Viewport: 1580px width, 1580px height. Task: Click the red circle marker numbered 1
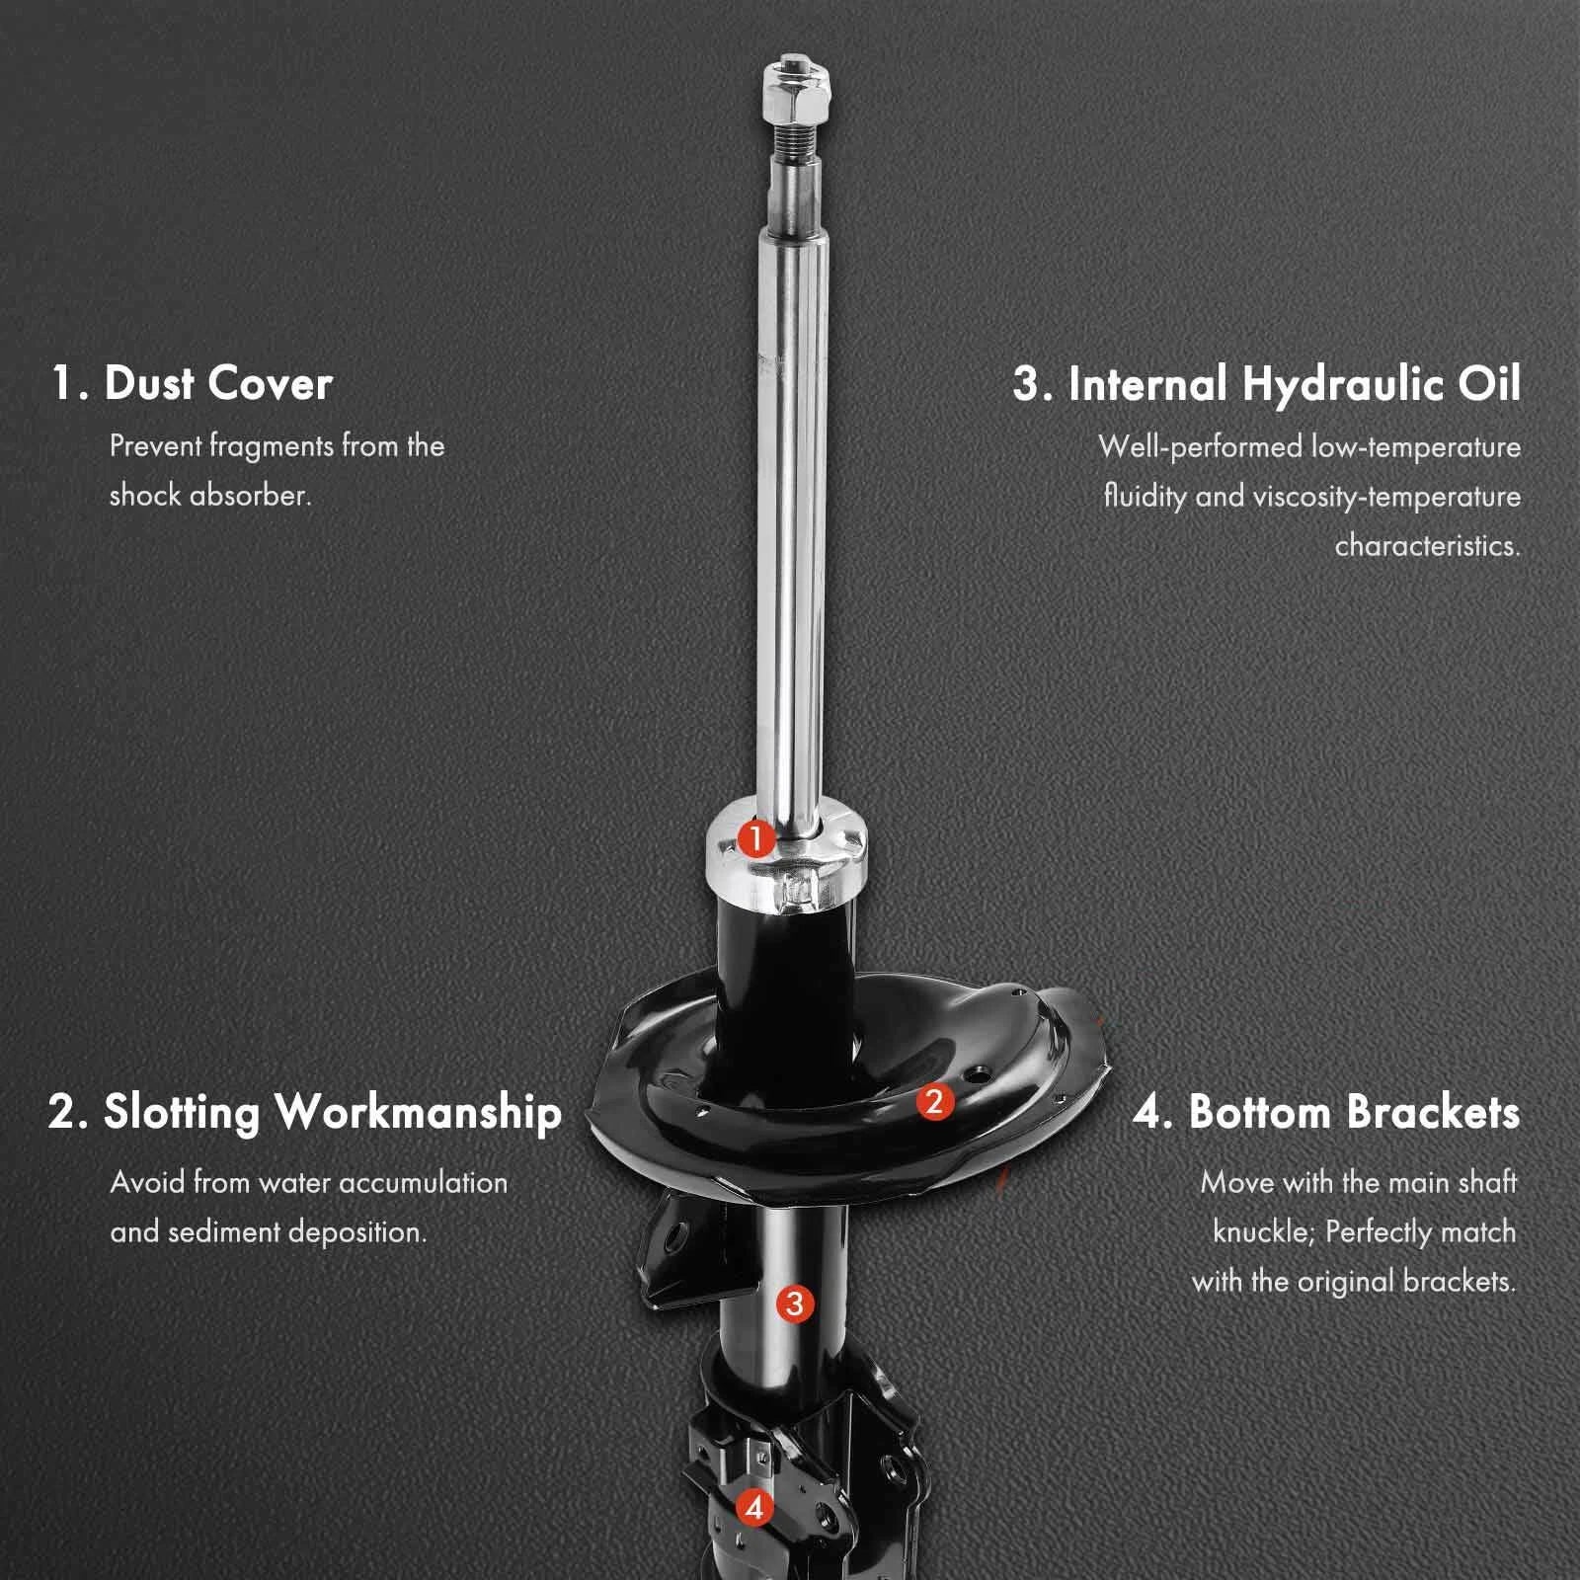pyautogui.click(x=756, y=840)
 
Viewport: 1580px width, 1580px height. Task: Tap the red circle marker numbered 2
pyautogui.click(x=934, y=1101)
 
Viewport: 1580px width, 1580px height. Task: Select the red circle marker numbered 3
pyautogui.click(x=795, y=1303)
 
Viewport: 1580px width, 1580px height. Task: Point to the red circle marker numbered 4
pyautogui.click(x=755, y=1507)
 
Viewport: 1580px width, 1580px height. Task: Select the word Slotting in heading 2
pyautogui.click(x=182, y=1112)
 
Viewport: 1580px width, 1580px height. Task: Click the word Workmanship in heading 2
pyautogui.click(x=419, y=1112)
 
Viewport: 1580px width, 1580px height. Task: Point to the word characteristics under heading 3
pyautogui.click(x=1428, y=546)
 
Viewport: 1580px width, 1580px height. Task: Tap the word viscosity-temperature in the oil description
pyautogui.click(x=1387, y=497)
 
